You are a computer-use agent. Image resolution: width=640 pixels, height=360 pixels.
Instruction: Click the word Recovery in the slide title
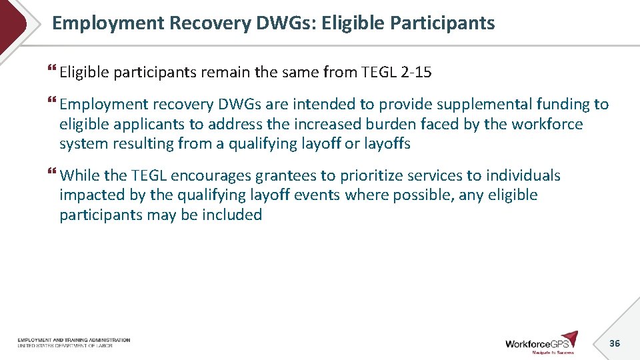[210, 23]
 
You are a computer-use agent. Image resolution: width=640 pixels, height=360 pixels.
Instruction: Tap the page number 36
[615, 343]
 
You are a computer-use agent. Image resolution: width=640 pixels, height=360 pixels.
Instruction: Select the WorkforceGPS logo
[541, 342]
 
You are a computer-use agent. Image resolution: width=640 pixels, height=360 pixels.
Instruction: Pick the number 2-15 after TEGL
[417, 73]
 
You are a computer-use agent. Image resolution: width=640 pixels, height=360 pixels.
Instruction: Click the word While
[79, 175]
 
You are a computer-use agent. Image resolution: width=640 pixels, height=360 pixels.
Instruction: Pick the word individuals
[523, 175]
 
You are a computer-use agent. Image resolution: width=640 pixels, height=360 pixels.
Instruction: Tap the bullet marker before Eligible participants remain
[53, 71]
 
